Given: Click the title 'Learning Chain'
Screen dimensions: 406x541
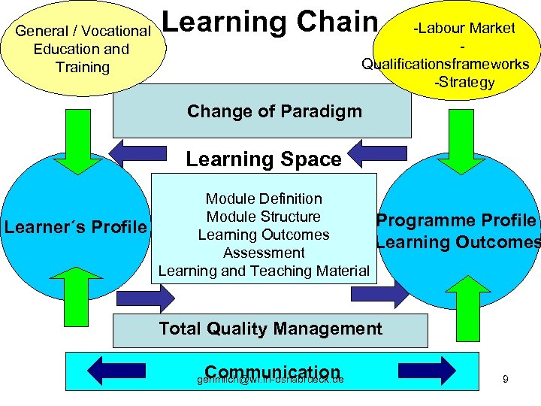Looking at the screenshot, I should (269, 22).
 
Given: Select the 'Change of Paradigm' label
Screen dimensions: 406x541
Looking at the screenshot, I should (274, 111).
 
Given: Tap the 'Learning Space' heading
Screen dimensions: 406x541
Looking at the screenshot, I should (263, 159).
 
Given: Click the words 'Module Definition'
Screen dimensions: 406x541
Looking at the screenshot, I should (264, 198).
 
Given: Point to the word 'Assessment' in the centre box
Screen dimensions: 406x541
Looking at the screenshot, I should (264, 253).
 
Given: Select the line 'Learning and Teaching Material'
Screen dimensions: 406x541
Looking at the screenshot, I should (264, 271).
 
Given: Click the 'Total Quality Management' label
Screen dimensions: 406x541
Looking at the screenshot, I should (270, 329).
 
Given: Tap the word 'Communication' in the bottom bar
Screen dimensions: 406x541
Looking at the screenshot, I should (272, 372).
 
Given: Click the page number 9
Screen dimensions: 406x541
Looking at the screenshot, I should (506, 380).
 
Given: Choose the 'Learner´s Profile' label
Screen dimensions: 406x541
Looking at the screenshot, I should (76, 226).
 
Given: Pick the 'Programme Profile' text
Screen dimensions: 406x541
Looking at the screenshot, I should (456, 220).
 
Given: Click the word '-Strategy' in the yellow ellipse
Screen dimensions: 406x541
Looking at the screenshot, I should (464, 82).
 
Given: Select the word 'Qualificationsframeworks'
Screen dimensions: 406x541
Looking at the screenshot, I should (446, 64).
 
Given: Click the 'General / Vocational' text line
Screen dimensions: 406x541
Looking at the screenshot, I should (83, 31).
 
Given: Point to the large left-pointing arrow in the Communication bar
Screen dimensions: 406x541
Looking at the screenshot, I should (117, 371).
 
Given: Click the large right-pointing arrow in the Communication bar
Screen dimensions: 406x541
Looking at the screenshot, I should (426, 371).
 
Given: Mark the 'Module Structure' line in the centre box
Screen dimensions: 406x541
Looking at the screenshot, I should (264, 217).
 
